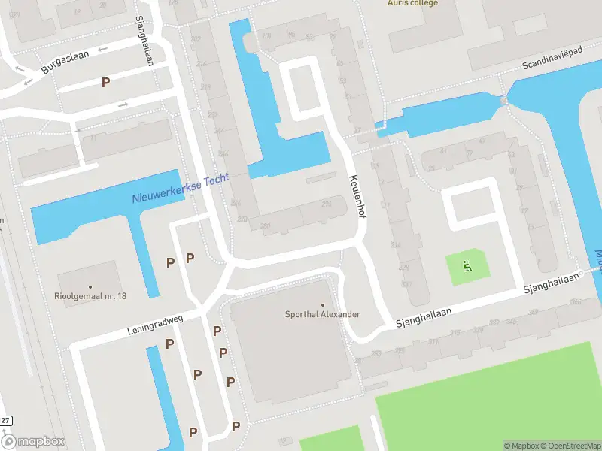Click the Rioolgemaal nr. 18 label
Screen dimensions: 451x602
tap(90, 296)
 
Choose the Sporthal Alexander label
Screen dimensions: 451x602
tap(323, 314)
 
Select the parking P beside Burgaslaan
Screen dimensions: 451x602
tap(106, 81)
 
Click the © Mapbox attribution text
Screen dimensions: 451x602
tap(521, 446)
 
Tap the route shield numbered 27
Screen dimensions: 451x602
tap(5, 421)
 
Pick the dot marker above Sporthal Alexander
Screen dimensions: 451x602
tap(323, 304)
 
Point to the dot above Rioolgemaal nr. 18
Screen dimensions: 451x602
tap(90, 286)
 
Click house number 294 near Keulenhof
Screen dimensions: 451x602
tap(326, 204)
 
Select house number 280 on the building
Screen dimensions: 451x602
tap(265, 225)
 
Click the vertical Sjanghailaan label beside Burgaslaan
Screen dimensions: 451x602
tap(143, 41)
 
